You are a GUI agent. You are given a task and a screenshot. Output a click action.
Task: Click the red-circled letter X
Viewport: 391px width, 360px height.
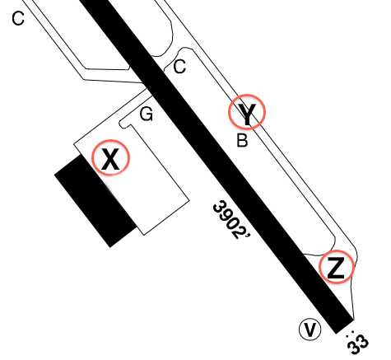tap(110, 158)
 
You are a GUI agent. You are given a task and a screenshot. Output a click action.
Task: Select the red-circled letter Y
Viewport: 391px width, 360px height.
tap(247, 112)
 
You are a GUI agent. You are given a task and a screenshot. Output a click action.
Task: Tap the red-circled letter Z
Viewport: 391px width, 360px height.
tap(337, 267)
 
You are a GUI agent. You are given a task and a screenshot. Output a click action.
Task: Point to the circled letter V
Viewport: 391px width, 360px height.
tap(310, 330)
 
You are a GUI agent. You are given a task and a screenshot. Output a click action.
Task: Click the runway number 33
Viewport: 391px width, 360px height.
tap(358, 344)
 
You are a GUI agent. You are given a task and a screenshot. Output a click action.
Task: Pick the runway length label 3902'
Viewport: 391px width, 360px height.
tap(230, 220)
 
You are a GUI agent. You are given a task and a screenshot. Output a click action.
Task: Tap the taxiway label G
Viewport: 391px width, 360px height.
tap(147, 114)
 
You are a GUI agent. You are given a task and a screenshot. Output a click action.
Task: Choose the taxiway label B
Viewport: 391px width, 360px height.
tap(242, 140)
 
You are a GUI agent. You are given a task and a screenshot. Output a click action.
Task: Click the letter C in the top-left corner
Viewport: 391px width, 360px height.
tap(18, 19)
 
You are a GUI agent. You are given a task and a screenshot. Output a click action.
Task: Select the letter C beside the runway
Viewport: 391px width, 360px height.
tap(179, 67)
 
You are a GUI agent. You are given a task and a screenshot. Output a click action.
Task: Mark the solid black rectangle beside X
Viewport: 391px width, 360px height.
tap(95, 201)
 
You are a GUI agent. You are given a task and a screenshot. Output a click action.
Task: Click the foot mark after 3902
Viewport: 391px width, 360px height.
tap(249, 236)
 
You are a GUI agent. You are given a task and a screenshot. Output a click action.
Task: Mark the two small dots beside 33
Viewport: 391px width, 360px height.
tap(349, 334)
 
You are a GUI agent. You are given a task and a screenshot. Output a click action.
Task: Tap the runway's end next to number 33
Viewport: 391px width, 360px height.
tap(344, 326)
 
